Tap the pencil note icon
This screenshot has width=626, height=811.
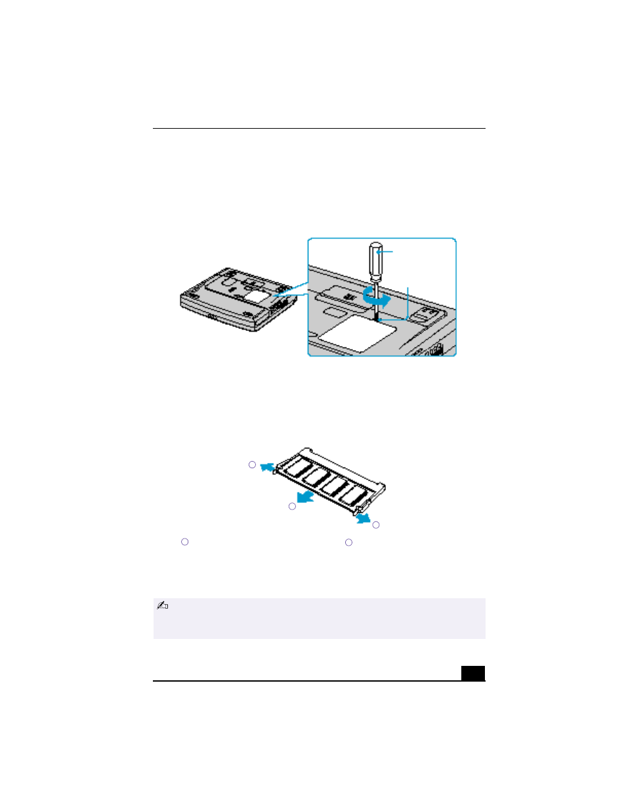(163, 605)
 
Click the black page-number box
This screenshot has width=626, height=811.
(472, 673)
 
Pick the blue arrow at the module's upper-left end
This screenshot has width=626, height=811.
(266, 467)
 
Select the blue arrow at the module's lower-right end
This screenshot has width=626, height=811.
(362, 519)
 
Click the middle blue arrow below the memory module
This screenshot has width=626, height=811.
(305, 496)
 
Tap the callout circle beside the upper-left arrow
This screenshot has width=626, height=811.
(252, 465)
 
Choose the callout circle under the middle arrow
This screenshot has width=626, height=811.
(292, 506)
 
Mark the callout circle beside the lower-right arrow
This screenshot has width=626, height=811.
(376, 525)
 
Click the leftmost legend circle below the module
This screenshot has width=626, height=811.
(185, 542)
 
